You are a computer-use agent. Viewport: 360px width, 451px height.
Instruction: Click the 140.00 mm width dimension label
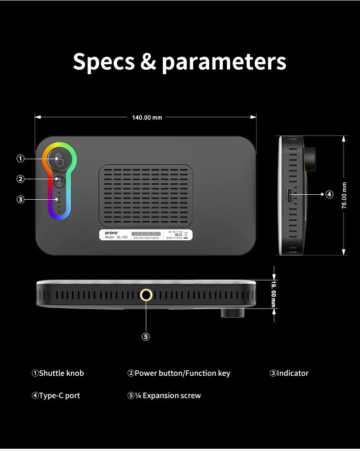(147, 118)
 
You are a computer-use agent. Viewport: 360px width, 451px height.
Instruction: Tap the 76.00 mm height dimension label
(345, 196)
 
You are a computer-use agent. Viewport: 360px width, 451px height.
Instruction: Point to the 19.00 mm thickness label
(273, 294)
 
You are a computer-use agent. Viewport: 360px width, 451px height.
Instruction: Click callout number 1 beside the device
(21, 159)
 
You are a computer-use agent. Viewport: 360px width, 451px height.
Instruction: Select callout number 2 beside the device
(21, 179)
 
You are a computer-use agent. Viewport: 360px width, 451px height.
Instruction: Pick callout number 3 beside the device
(21, 199)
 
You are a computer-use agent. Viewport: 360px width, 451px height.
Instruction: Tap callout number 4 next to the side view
(329, 194)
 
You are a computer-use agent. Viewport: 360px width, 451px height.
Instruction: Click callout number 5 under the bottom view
(146, 337)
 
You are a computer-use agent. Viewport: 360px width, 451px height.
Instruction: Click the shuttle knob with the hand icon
(59, 160)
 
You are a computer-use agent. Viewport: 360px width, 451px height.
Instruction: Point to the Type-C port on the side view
(290, 196)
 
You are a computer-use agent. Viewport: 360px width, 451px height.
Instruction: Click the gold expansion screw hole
(146, 295)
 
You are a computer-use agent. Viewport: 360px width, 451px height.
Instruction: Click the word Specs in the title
(103, 62)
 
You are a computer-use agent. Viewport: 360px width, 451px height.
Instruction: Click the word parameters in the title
(224, 62)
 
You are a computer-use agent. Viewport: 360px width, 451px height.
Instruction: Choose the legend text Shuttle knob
(62, 373)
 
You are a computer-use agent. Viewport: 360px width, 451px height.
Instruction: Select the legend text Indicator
(293, 373)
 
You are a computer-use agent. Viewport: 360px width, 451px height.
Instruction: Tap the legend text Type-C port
(59, 395)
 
